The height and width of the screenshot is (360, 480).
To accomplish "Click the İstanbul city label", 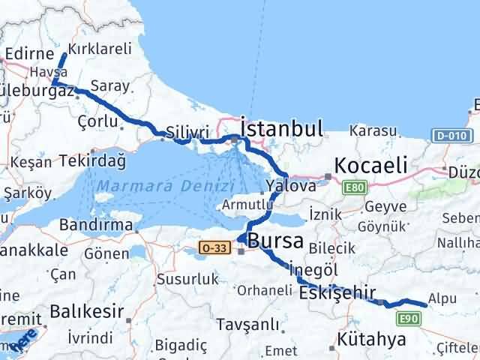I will (x=281, y=127).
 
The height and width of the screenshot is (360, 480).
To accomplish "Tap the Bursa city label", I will (x=275, y=241).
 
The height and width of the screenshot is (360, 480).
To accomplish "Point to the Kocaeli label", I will (x=370, y=164).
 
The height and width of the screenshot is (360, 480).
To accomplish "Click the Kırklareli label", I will (x=100, y=49).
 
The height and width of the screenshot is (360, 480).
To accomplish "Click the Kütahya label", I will (x=372, y=340).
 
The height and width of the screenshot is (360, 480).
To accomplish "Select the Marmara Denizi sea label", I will (x=164, y=185).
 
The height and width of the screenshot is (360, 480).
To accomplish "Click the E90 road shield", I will (x=409, y=319).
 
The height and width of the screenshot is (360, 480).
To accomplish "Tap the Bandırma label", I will (x=97, y=224).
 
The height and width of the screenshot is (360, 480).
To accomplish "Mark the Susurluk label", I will (x=187, y=279).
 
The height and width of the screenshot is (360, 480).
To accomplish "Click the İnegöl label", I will (x=319, y=269).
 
